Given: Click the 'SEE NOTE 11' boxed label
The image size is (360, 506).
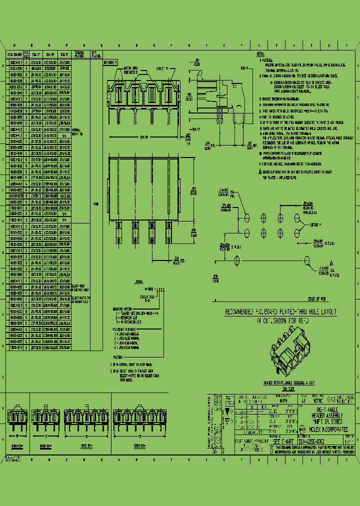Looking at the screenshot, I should point(109,63).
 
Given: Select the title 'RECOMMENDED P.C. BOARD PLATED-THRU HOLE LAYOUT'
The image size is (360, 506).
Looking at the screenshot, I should point(281,311).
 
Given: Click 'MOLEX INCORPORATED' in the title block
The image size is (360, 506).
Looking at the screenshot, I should point(324,428).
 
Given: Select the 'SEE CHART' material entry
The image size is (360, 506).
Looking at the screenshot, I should point(283,441).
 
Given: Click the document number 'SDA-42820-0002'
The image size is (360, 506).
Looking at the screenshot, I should point(314,441).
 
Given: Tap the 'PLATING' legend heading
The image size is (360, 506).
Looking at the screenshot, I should point(116,357).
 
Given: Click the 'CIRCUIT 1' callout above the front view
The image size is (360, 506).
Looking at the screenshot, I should point(161,67).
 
